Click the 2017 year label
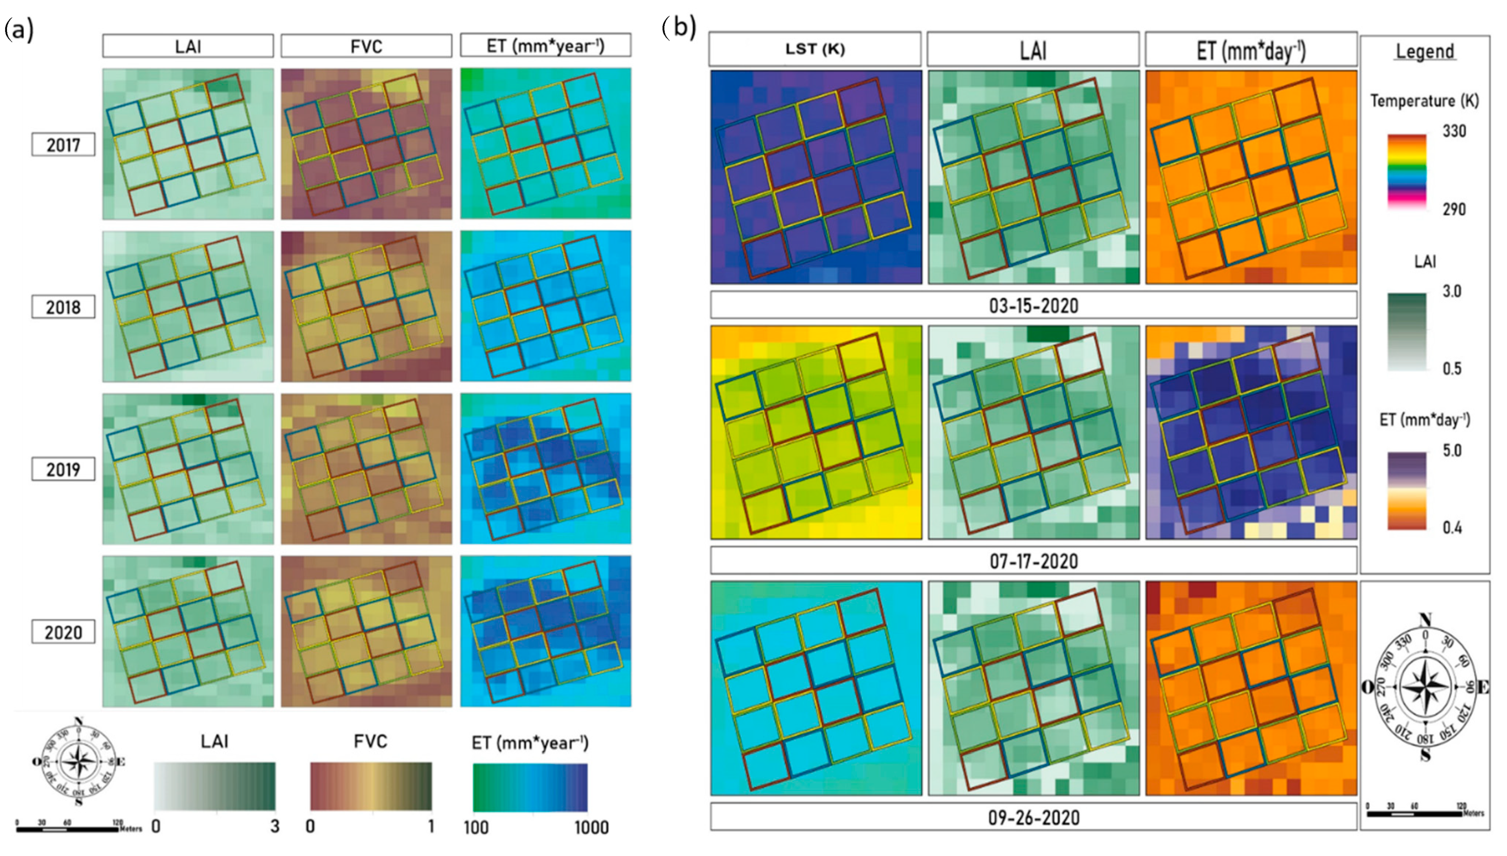click(63, 145)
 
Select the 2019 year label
click(63, 469)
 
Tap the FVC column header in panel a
click(366, 46)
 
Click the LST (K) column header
click(815, 49)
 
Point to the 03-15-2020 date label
click(1033, 306)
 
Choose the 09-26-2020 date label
click(1033, 817)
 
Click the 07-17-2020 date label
click(1033, 561)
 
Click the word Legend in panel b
click(1425, 52)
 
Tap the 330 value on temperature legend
click(1454, 131)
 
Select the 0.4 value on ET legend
click(1452, 527)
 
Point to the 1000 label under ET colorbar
click(591, 827)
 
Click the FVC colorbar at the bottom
click(370, 787)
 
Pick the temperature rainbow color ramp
click(1406, 171)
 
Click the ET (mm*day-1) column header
click(1251, 51)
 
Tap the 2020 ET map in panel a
click(546, 631)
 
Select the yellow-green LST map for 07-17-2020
click(816, 433)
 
